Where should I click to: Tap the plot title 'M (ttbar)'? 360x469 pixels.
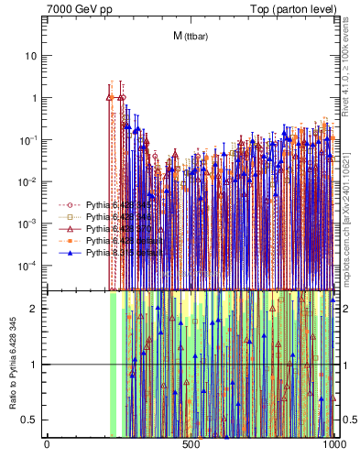pos(190,37)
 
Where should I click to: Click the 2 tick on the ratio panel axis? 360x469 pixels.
pos(36,309)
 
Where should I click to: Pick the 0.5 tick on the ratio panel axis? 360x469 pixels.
pos(31,420)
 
